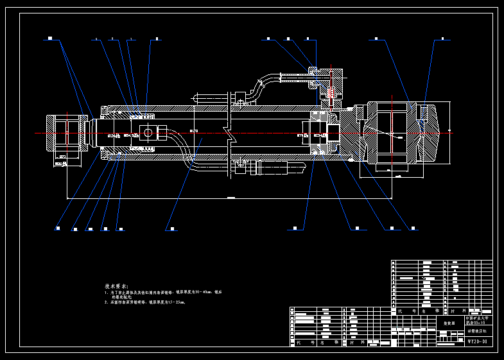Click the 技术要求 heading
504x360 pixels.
point(117,286)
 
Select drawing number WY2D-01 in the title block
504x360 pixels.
point(477,342)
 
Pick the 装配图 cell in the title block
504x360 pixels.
point(449,323)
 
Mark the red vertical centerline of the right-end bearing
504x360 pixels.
point(392,132)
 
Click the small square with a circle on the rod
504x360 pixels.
point(148,133)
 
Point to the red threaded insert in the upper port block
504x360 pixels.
point(329,93)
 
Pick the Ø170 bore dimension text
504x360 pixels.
point(194,132)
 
